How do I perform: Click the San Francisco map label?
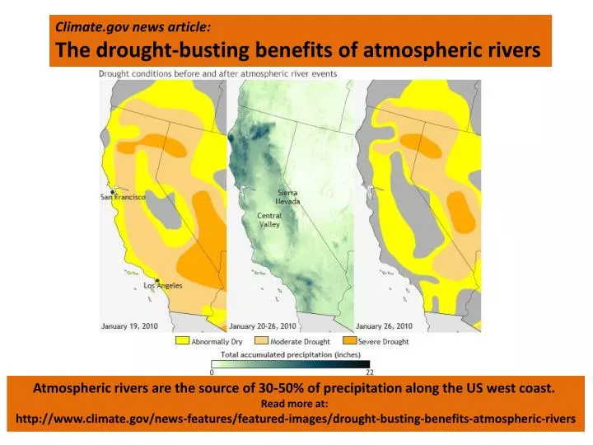coord(124,197)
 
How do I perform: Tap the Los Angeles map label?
coord(163,286)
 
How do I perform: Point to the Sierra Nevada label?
coord(287,197)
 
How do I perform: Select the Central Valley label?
coord(269,220)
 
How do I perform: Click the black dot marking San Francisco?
coord(113,191)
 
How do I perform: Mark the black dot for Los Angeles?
coord(156,280)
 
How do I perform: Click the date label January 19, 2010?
coord(129,326)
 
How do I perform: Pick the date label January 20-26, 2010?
coord(264,326)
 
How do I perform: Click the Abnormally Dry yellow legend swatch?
coord(181,341)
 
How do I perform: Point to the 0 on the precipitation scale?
coord(212,372)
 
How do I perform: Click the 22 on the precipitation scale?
coord(369,372)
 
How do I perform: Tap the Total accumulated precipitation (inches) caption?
coord(291,354)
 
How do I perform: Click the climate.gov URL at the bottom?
coord(296,419)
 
